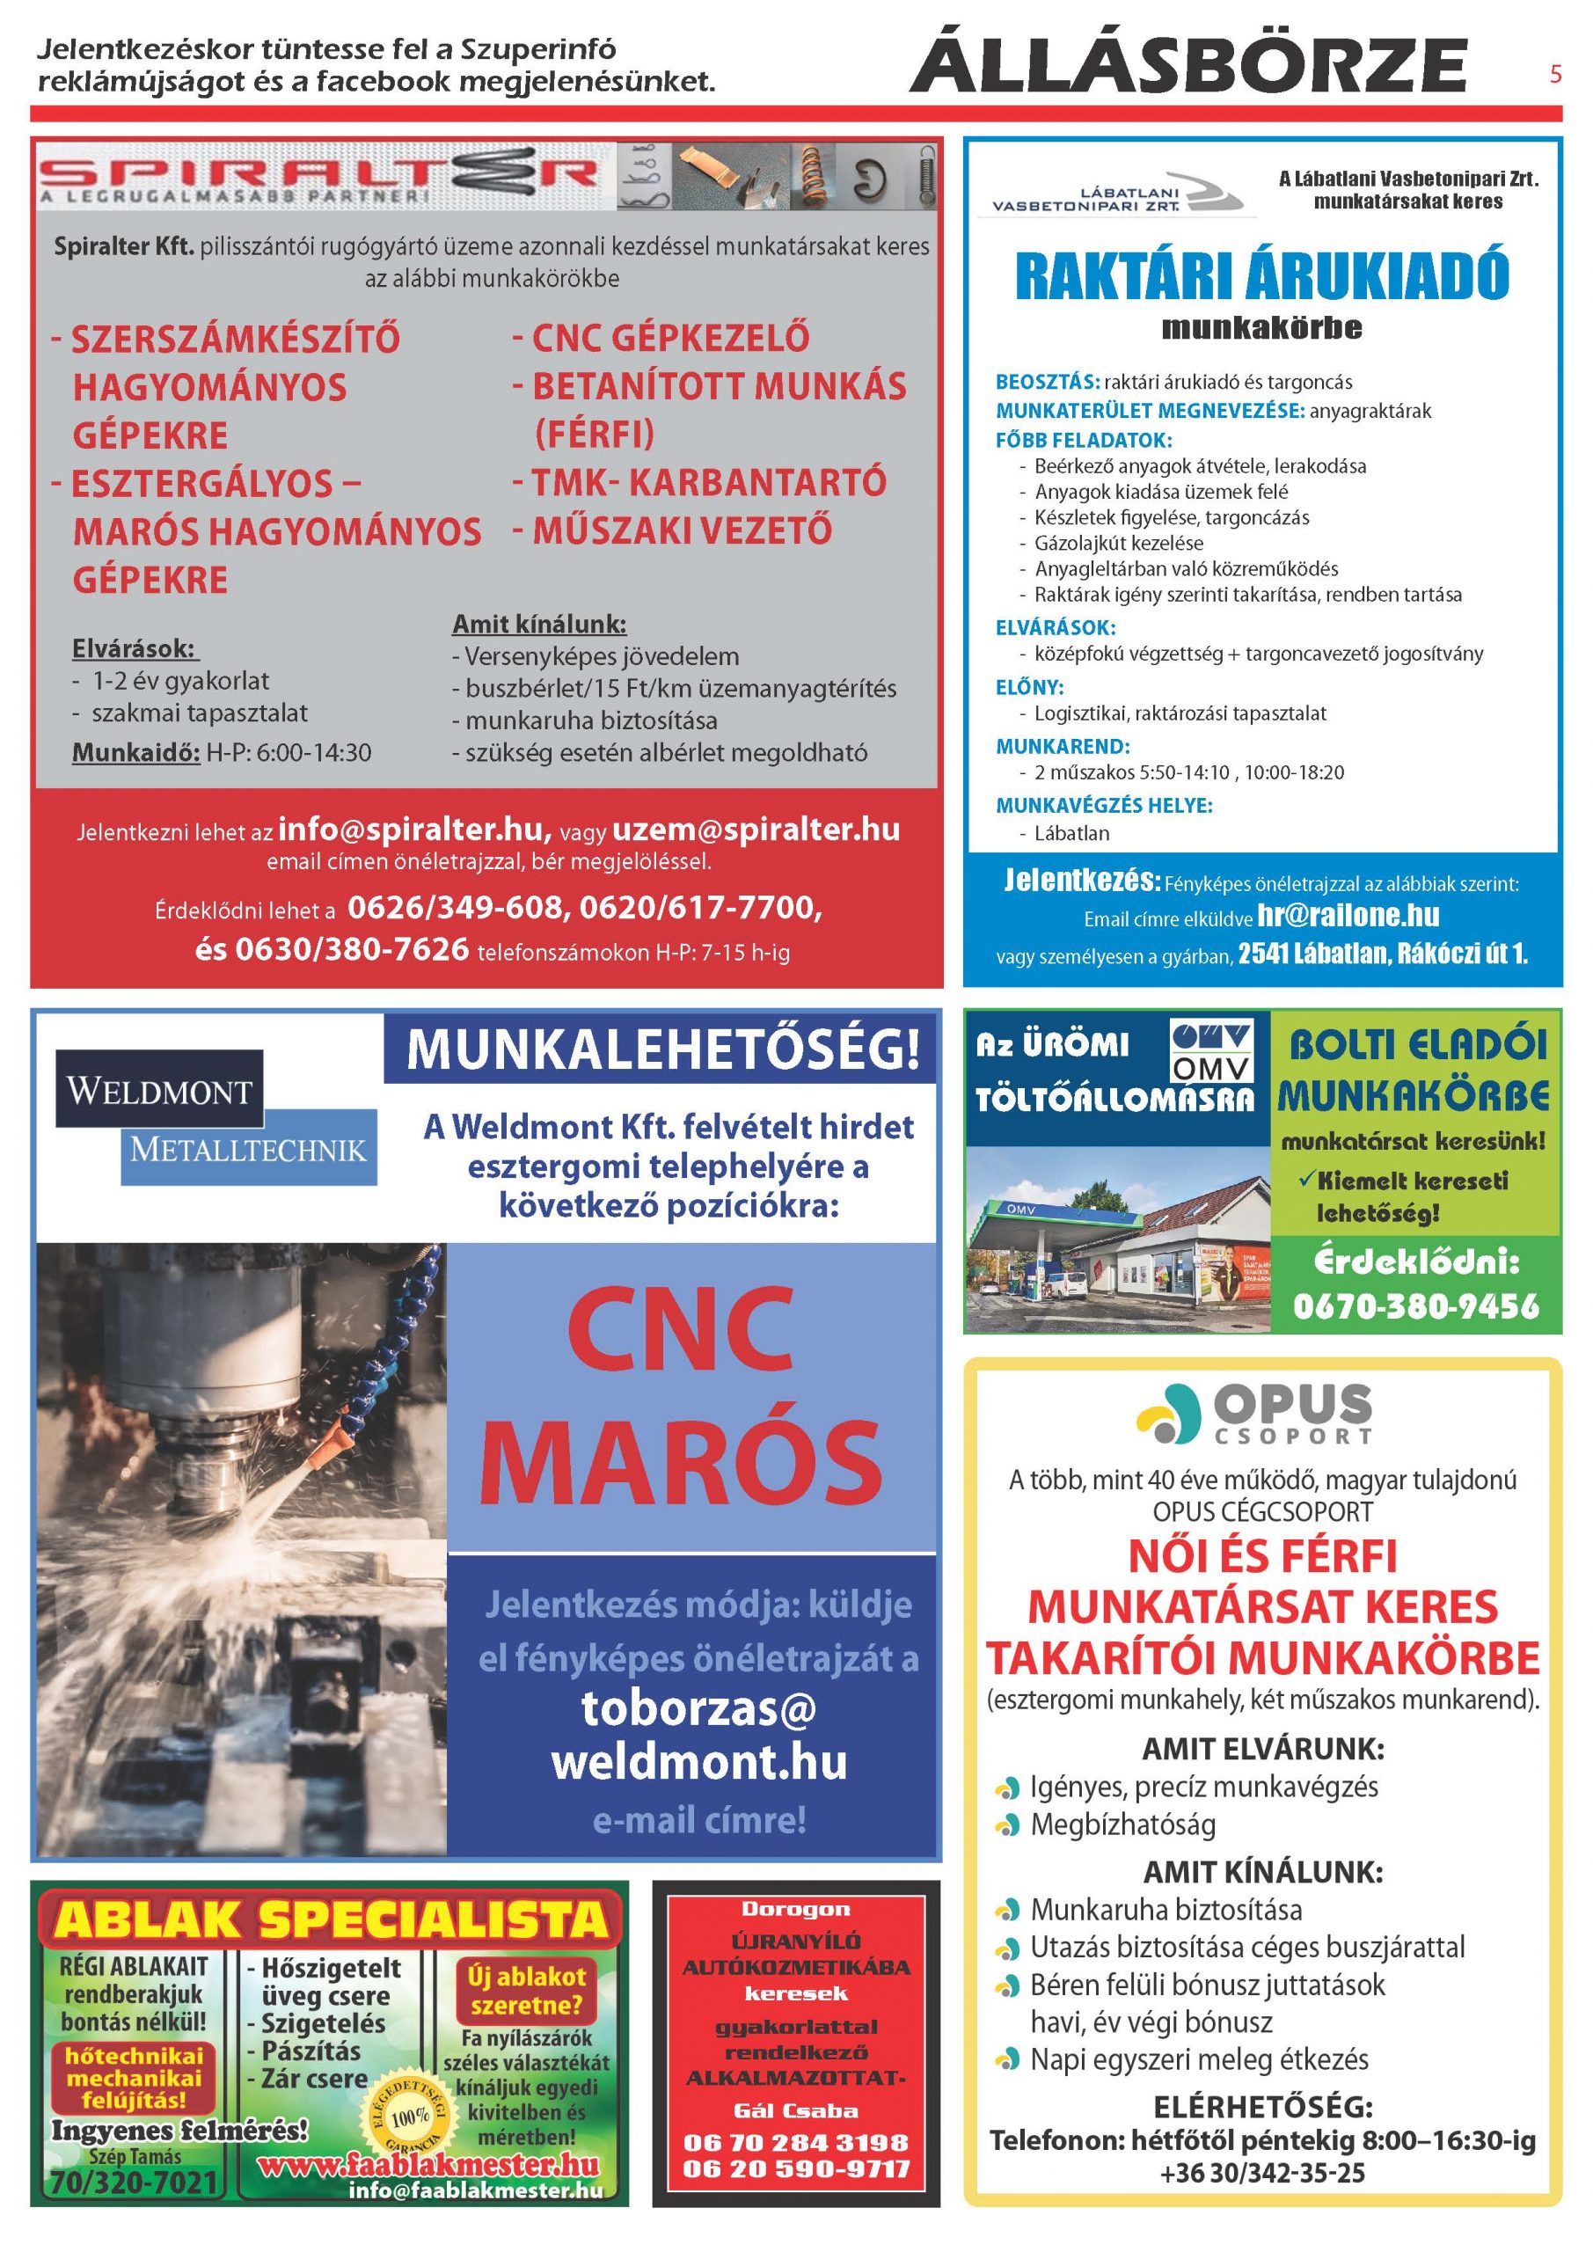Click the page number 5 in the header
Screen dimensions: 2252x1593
pyautogui.click(x=1555, y=74)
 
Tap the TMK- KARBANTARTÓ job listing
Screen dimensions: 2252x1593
pyautogui.click(x=708, y=481)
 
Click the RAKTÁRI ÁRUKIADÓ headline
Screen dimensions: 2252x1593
pyautogui.click(x=1261, y=275)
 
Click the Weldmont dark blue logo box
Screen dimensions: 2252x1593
pyautogui.click(x=159, y=1090)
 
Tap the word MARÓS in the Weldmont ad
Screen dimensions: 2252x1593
pyautogui.click(x=680, y=1457)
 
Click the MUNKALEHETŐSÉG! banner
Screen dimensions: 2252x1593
pyautogui.click(x=663, y=1049)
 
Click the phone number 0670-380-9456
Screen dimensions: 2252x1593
pyautogui.click(x=1415, y=1305)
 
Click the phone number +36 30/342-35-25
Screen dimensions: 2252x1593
pyautogui.click(x=1261, y=2173)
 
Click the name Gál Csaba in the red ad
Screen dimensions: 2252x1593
pyautogui.click(x=795, y=2110)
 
